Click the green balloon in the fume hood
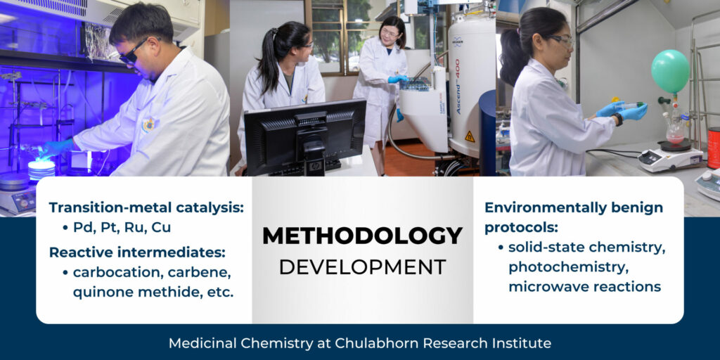pos(670,71)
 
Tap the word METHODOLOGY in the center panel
pos(362,236)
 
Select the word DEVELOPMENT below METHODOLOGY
pos(362,266)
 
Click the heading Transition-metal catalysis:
pos(146,207)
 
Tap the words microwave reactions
pos(584,287)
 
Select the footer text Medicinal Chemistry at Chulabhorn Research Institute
pos(359,342)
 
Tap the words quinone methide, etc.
pos(153,292)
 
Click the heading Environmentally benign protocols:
pos(574,217)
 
